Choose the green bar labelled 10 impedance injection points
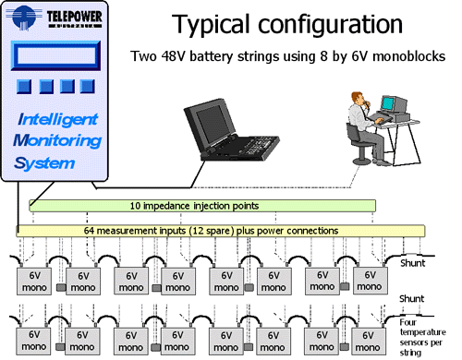pyautogui.click(x=202, y=205)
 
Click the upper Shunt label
pyautogui.click(x=412, y=263)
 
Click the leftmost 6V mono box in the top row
pyautogui.click(x=35, y=281)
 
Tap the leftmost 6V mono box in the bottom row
pyautogui.click(x=35, y=339)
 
